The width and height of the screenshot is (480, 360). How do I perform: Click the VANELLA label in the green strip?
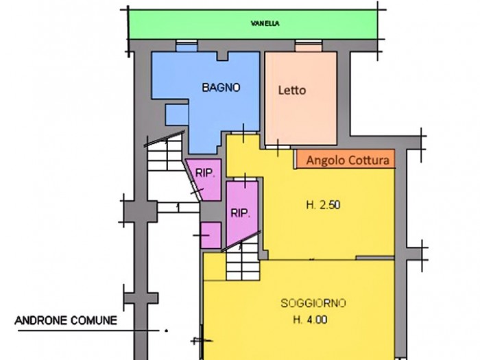tap(265, 23)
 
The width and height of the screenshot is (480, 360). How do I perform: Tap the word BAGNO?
tap(221, 88)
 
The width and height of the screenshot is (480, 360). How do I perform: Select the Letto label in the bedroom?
tap(292, 91)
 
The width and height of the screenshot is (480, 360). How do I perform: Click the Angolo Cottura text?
tap(348, 160)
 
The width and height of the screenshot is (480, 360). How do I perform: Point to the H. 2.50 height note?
tap(323, 205)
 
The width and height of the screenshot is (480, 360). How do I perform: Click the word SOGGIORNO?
tap(313, 303)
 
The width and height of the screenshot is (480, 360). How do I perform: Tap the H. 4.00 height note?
tap(310, 320)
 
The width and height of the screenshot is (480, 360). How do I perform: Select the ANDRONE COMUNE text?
tap(66, 320)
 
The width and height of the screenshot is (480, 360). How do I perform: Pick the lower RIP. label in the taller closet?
tap(240, 213)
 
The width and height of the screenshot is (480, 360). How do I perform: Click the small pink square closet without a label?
tap(211, 235)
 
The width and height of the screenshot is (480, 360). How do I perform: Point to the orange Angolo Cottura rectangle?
tap(346, 159)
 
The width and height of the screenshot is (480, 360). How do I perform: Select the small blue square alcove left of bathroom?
tap(177, 115)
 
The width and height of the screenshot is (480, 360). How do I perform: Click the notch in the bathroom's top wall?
tap(223, 56)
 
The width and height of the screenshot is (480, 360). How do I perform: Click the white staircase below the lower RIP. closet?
tap(243, 262)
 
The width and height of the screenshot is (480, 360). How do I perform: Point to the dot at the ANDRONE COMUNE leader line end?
tap(166, 331)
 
